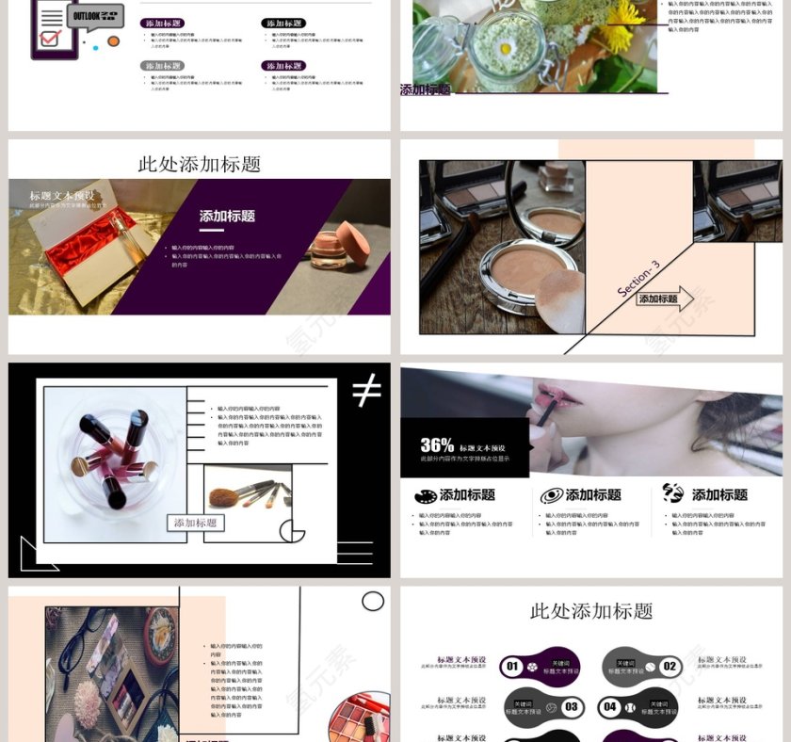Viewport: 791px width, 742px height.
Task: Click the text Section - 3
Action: tap(638, 279)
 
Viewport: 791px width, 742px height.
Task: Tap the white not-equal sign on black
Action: tap(366, 389)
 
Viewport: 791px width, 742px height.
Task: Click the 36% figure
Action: tap(437, 445)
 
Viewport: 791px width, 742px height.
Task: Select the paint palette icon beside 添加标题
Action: tap(426, 495)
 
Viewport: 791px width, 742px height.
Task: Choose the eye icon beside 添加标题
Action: tap(552, 495)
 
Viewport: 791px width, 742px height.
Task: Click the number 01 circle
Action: tap(512, 667)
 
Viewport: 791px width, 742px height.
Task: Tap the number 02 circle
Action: tap(670, 667)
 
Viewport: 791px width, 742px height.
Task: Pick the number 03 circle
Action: tap(571, 706)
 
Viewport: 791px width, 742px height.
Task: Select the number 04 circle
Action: tap(610, 706)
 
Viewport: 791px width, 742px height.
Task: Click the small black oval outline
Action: tap(373, 601)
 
